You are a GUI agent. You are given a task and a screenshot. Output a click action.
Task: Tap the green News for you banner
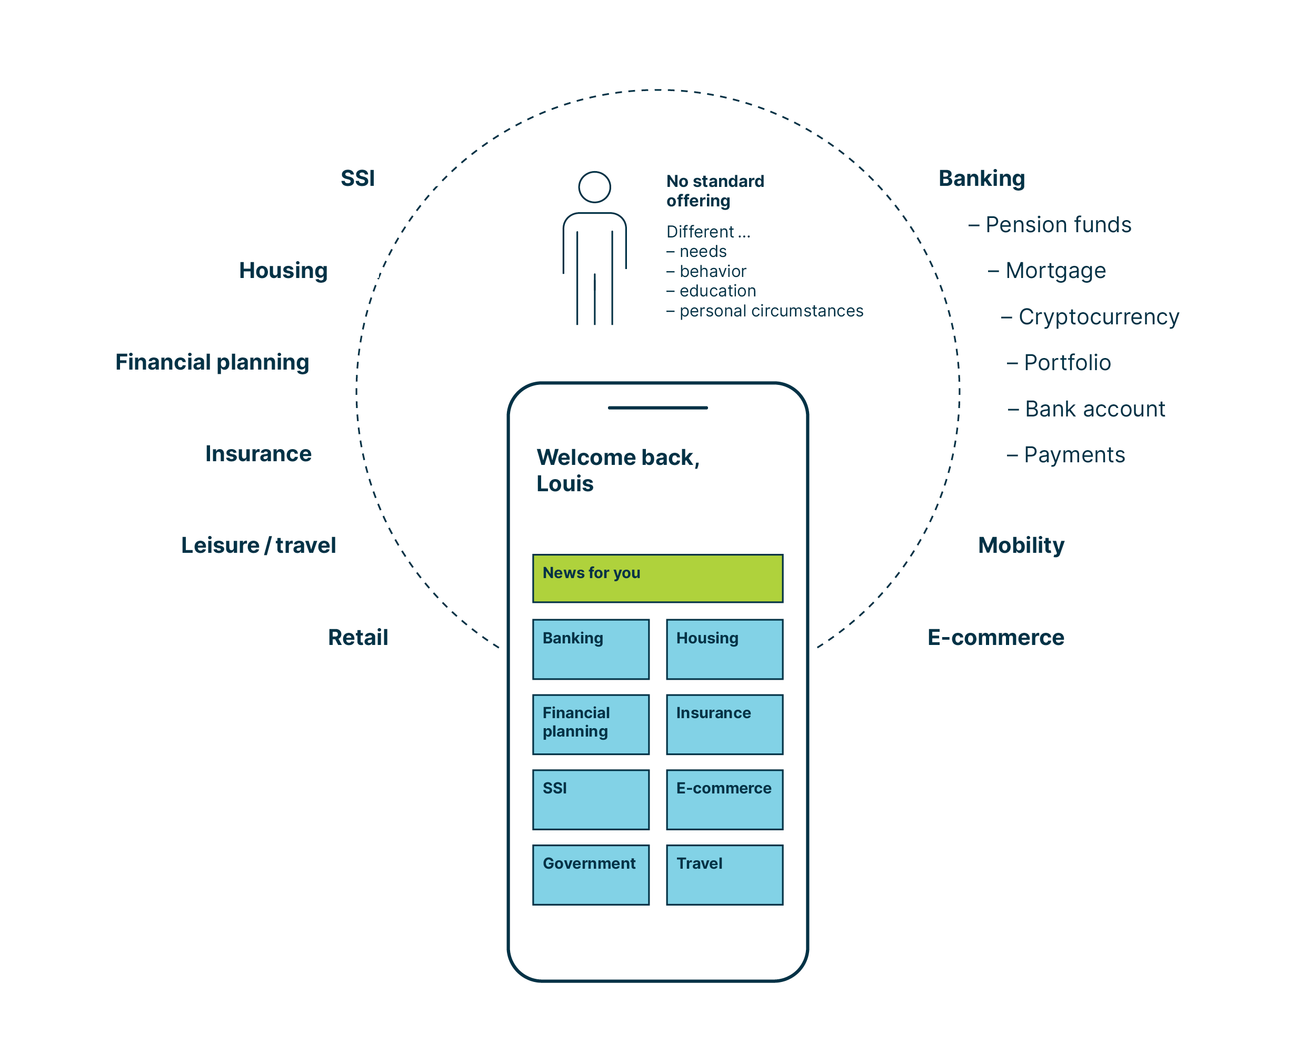[657, 578]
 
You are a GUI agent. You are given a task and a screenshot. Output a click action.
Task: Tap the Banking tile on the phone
[590, 649]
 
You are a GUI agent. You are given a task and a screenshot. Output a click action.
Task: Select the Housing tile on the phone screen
[724, 649]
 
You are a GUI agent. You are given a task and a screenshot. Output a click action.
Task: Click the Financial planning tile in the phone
[590, 724]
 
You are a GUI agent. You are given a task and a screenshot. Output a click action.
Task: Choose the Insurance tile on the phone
[724, 724]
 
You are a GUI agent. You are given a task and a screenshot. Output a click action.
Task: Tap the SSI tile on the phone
[590, 799]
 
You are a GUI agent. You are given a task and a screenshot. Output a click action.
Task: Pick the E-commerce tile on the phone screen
[724, 799]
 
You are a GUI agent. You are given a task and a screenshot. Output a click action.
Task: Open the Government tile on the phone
[590, 874]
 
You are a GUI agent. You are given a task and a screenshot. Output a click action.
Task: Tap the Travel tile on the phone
[724, 874]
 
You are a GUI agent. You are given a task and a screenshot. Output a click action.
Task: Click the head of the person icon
[594, 187]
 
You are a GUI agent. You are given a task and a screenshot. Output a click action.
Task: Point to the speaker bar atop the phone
[657, 407]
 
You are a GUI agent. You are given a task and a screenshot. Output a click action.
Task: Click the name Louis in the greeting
[565, 483]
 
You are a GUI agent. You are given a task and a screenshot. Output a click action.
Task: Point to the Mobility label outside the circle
[1021, 545]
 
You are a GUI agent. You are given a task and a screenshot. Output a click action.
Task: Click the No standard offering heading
[714, 191]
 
